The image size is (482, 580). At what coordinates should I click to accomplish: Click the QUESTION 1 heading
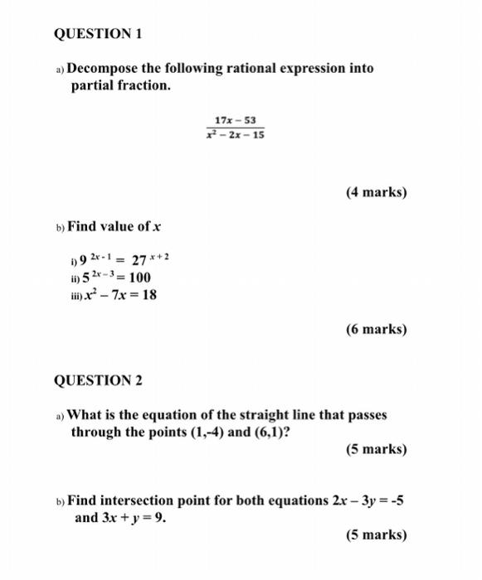click(98, 34)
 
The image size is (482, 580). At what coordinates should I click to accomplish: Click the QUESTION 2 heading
click(98, 380)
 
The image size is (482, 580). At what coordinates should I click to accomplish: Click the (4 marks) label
click(376, 192)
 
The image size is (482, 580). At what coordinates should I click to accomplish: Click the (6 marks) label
click(376, 329)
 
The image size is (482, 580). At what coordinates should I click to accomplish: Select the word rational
click(243, 68)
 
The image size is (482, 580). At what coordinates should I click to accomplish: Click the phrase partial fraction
click(119, 85)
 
